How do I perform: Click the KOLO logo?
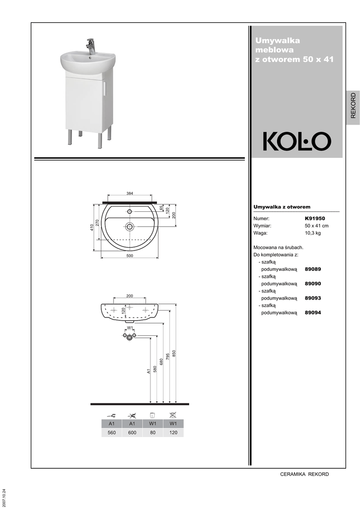pos(297,141)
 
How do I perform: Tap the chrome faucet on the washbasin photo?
pos(90,46)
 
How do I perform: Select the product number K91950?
pos(315,218)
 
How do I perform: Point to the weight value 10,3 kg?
pos(313,233)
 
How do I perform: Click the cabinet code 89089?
pos(313,269)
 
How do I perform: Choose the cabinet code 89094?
pos(313,313)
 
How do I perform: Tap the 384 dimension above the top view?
pos(130,193)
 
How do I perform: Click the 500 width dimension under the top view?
pos(130,255)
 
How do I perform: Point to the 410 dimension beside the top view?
pos(92,227)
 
